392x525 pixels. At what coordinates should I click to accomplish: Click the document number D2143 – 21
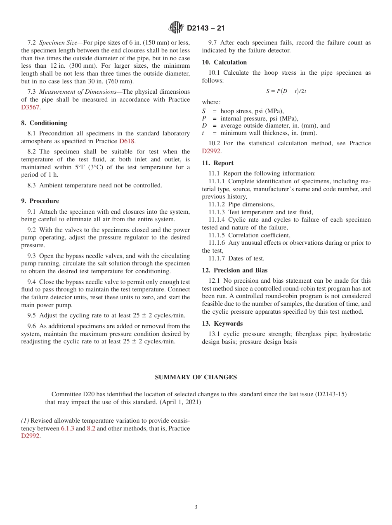205,28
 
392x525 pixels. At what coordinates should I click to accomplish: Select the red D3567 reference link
31,107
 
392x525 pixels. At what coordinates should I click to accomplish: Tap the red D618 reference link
127,141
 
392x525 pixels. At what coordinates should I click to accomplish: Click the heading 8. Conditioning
44,123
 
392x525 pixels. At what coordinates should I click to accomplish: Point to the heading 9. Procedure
40,201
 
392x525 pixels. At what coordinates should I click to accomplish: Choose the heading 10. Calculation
224,62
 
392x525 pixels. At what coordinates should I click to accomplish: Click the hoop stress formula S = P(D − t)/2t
286,91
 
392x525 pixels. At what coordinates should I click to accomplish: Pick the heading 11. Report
217,163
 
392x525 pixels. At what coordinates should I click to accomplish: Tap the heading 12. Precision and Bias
235,270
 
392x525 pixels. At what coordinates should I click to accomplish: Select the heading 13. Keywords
222,324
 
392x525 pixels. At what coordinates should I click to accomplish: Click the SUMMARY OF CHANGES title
196,377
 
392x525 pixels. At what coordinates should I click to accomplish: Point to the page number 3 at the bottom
196,507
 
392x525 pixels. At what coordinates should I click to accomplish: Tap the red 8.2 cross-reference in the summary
91,428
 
